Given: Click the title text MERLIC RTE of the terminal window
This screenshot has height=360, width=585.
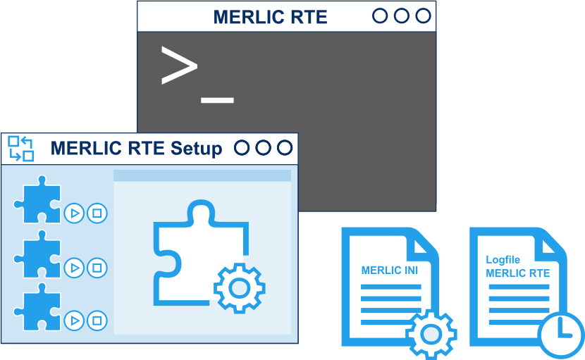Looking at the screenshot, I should pyautogui.click(x=270, y=17).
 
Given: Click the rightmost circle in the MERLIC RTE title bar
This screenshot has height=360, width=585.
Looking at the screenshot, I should pyautogui.click(x=423, y=16).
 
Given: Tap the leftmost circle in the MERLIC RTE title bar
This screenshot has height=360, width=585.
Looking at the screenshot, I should pyautogui.click(x=380, y=16).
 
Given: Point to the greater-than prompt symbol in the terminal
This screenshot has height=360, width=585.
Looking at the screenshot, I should pyautogui.click(x=178, y=66).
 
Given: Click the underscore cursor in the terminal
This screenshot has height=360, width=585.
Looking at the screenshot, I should pyautogui.click(x=217, y=100).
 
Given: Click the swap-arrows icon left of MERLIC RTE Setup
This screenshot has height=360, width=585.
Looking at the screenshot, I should pyautogui.click(x=21, y=149).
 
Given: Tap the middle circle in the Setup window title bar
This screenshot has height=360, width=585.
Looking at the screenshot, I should pyautogui.click(x=263, y=148).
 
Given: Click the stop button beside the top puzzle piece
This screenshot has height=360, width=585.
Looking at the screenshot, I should pyautogui.click(x=97, y=213).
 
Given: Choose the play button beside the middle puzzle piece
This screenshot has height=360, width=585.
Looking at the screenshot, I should pyautogui.click(x=73, y=267).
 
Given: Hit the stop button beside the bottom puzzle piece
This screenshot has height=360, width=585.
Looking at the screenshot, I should pyautogui.click(x=97, y=321).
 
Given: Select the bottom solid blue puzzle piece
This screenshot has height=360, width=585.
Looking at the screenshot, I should pyautogui.click(x=37, y=309).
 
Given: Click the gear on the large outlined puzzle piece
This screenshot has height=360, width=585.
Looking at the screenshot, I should pyautogui.click(x=240, y=287).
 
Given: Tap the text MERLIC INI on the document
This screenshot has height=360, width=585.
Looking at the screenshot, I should pyautogui.click(x=390, y=270).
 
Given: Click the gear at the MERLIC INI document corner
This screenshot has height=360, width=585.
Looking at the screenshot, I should pyautogui.click(x=431, y=334).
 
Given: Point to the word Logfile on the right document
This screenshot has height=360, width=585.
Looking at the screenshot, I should pyautogui.click(x=503, y=260).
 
